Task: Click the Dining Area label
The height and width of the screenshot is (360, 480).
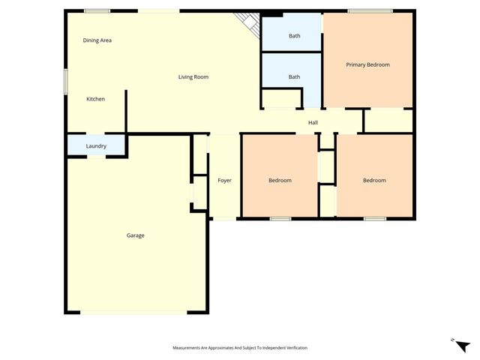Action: pos(97,40)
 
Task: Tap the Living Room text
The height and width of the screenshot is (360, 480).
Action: pos(193,76)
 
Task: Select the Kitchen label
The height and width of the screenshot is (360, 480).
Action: pos(95,99)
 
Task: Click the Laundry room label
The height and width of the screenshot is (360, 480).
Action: pos(96,146)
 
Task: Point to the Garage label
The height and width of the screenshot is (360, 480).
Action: pos(135,235)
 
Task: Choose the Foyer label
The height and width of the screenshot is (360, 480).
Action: pos(224,180)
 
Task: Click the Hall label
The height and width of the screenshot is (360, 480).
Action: pos(313,122)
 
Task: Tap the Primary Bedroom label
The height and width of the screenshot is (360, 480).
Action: pos(367,64)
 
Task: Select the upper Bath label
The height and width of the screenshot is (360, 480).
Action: pos(295,36)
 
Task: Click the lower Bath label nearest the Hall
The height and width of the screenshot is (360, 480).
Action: pos(295,76)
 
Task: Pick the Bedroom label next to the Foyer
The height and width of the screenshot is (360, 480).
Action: pos(280,180)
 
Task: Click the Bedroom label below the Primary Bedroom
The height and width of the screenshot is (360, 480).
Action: pos(374,180)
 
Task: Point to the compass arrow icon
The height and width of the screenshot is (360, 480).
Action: pos(462,344)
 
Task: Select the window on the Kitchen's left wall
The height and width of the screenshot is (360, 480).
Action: pos(65,81)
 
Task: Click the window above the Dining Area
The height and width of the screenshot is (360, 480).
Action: pos(97,10)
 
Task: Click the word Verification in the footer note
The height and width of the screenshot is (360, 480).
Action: pos(294,348)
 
